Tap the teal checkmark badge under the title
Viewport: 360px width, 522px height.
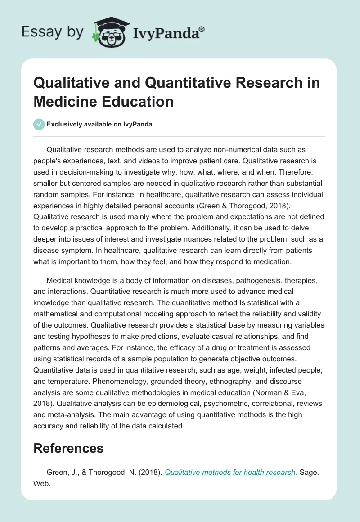[39, 124]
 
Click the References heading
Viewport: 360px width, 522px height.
[69, 448]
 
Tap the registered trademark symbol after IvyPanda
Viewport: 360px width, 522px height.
[202, 28]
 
